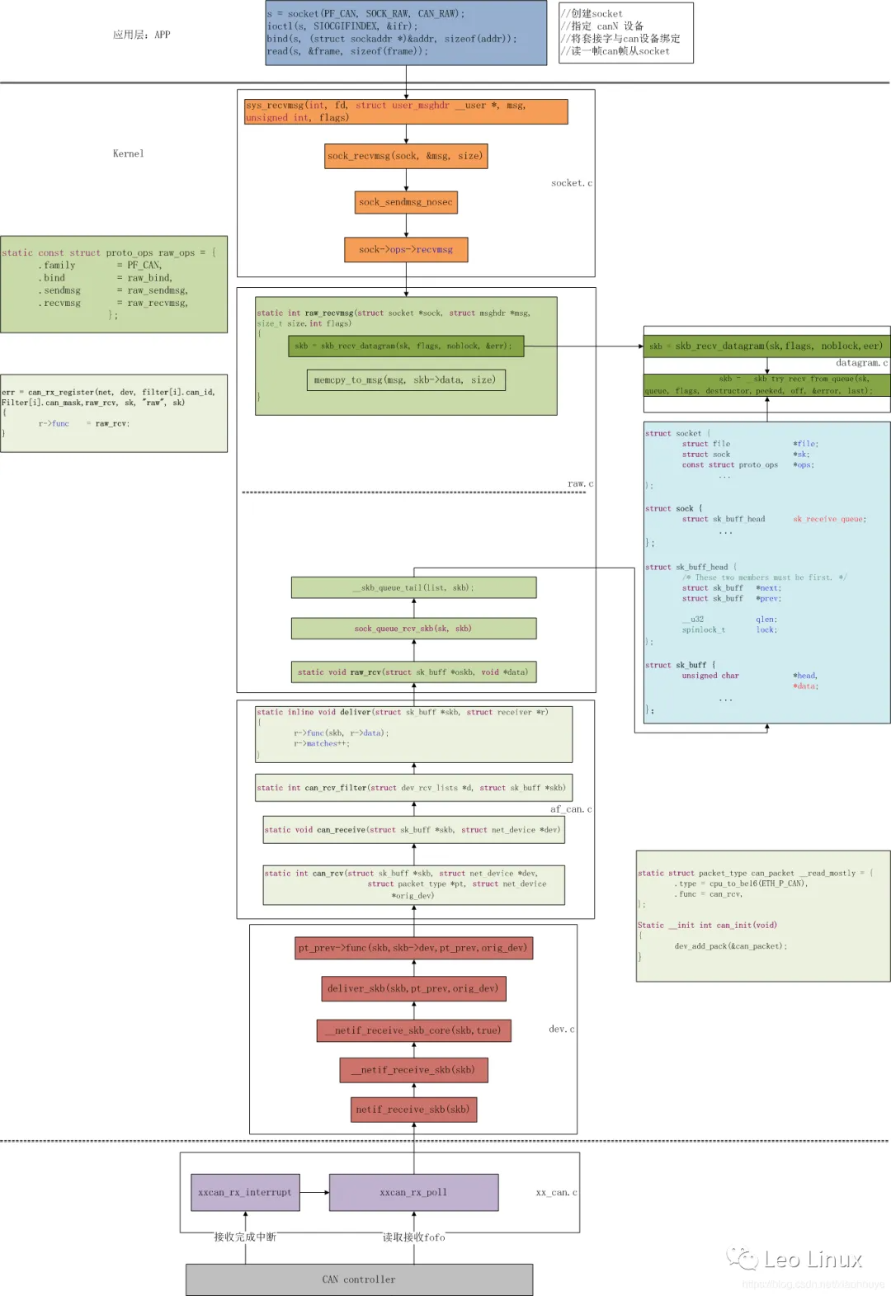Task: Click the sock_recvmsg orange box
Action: (406, 156)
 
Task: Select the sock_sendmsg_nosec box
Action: (406, 202)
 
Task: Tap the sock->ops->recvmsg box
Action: (406, 249)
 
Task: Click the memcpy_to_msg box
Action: (405, 380)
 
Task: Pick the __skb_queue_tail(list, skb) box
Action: (413, 587)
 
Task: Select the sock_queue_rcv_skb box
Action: (413, 629)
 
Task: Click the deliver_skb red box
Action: (413, 988)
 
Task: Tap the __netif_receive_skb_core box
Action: (413, 1030)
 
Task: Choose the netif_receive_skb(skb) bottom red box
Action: (413, 1110)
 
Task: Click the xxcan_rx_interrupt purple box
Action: (245, 1192)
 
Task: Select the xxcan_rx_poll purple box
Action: (413, 1192)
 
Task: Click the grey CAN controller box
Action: (359, 1280)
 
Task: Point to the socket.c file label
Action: (571, 183)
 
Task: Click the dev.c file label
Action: (561, 1029)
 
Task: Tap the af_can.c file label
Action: (570, 809)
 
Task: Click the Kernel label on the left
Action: (128, 153)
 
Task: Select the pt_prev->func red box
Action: (413, 948)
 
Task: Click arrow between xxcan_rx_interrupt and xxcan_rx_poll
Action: (314, 1192)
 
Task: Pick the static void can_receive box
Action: (413, 830)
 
